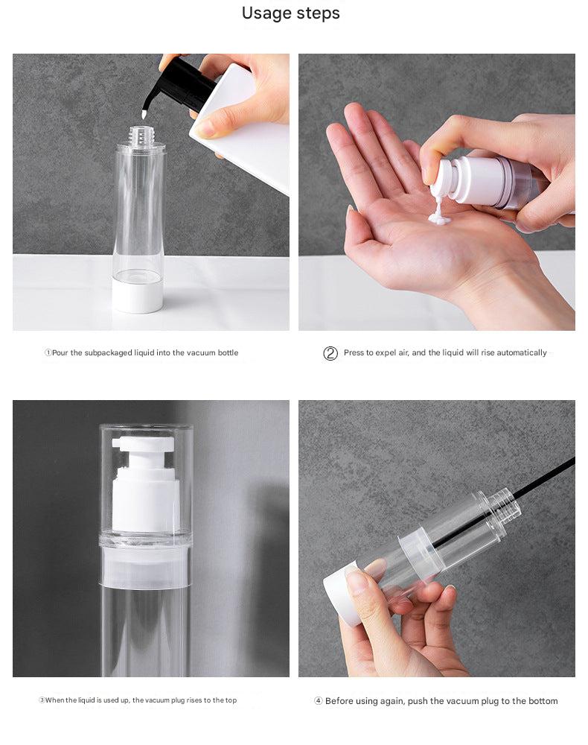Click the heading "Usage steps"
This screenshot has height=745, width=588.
click(x=290, y=13)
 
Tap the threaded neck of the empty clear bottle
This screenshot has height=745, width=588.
click(x=139, y=136)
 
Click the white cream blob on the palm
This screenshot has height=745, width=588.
click(x=438, y=216)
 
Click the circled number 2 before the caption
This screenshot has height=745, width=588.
click(x=330, y=353)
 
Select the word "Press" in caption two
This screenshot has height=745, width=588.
click(x=354, y=353)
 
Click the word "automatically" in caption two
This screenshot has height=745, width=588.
click(x=521, y=353)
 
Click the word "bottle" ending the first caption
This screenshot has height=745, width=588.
click(x=226, y=353)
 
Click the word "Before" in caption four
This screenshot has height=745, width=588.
click(x=339, y=701)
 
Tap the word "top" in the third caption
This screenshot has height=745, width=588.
click(x=230, y=700)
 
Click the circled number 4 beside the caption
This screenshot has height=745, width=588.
click(x=318, y=701)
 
